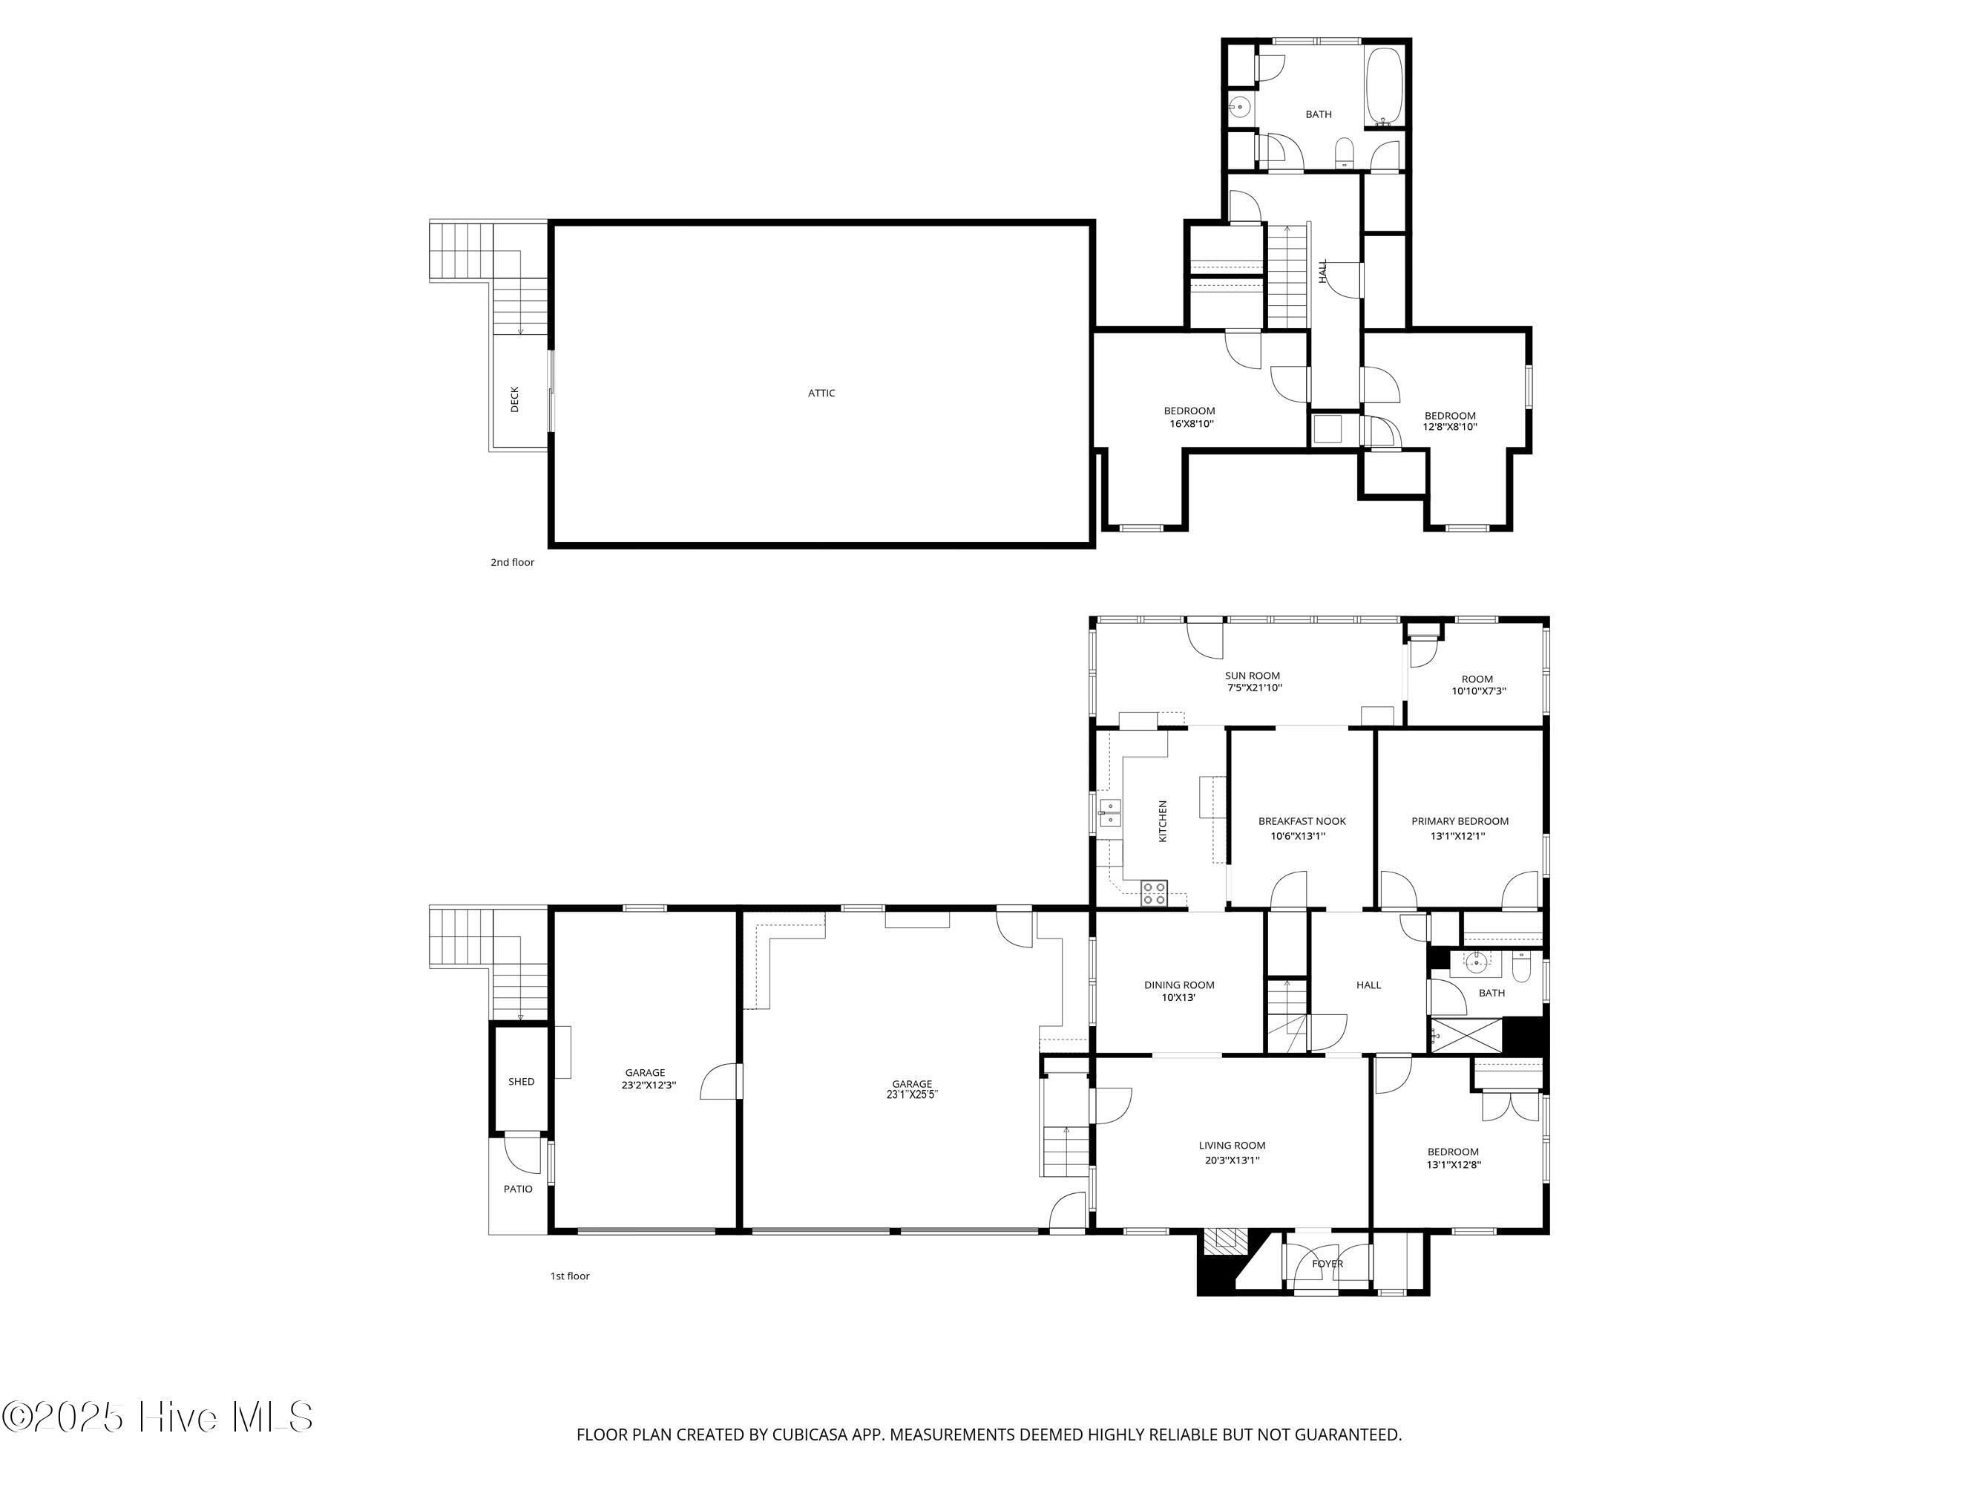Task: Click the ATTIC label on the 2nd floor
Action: (821, 393)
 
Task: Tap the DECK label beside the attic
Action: (514, 399)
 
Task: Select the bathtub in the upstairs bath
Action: (1383, 87)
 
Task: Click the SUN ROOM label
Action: (1253, 676)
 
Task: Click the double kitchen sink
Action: (1110, 814)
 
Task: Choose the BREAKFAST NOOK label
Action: (1302, 820)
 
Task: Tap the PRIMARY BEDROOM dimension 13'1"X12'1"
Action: (1457, 836)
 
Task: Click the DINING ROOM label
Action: (1179, 985)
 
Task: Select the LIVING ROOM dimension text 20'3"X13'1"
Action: (1232, 1160)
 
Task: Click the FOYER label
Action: (1327, 1264)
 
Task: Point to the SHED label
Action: (522, 1081)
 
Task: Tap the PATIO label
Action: (518, 1189)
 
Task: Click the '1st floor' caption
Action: (570, 1276)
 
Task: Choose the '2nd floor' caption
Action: (512, 562)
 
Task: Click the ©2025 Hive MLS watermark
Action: (157, 1416)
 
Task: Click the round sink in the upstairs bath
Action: (1239, 108)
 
